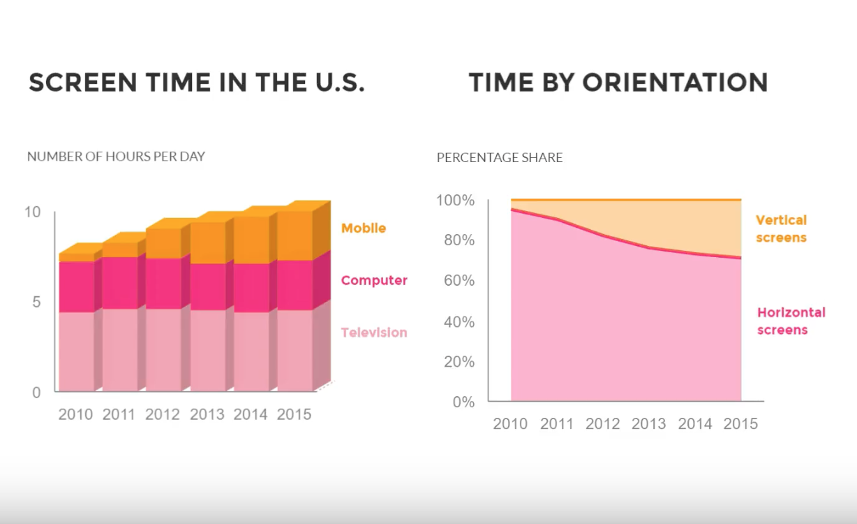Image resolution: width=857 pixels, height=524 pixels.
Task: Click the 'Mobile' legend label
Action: [363, 228]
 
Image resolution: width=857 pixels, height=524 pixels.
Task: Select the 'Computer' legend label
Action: [374, 281]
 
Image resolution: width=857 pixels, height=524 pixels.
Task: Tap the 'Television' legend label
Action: [374, 333]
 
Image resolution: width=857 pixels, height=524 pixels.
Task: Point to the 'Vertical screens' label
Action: [781, 229]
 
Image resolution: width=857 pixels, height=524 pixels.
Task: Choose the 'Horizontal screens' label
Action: [791, 321]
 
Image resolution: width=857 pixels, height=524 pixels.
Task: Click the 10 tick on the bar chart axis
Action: [33, 212]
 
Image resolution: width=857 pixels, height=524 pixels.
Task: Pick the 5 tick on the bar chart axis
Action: [36, 303]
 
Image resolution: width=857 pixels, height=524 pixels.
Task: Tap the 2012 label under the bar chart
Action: [163, 414]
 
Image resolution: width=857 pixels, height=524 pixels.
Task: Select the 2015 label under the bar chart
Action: [294, 414]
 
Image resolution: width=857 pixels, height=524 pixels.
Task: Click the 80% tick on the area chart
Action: [455, 240]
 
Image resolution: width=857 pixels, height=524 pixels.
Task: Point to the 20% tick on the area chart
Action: [455, 362]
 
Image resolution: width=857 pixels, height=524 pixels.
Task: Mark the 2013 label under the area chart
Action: [649, 424]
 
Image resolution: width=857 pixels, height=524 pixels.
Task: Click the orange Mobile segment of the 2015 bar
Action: [294, 235]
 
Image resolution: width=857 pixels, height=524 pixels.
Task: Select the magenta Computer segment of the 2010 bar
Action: [76, 286]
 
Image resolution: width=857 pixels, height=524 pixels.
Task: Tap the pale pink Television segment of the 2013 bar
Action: [207, 349]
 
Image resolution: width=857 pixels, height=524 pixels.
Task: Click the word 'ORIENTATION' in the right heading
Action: [675, 82]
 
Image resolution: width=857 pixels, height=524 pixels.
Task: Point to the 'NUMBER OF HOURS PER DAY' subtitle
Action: [116, 157]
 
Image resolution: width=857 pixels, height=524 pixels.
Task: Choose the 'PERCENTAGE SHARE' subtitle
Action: [500, 158]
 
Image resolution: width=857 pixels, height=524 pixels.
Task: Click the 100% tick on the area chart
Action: [455, 201]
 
